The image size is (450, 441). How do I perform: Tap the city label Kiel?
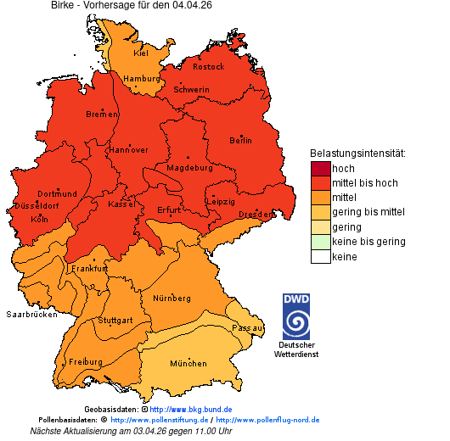tap(141, 53)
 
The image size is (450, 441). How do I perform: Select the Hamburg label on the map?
tap(141, 79)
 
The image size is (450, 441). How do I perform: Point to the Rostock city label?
tap(208, 66)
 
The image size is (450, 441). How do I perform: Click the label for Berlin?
tap(240, 140)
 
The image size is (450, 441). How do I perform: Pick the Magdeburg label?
tap(188, 167)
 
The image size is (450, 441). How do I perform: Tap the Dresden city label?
tap(255, 215)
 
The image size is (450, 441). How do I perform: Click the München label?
tap(188, 363)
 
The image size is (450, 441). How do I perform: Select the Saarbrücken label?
tap(31, 314)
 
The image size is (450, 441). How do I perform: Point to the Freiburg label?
tap(85, 361)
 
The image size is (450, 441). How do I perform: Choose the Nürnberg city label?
tap(172, 299)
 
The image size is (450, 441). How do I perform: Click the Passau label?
tap(248, 327)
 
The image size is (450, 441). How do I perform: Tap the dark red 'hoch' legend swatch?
tap(320, 169)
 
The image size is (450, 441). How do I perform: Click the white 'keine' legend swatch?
tap(320, 256)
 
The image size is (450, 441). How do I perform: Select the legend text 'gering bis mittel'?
tap(368, 212)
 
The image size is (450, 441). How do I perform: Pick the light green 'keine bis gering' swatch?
tap(320, 242)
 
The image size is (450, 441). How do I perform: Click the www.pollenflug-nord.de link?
tap(267, 420)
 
